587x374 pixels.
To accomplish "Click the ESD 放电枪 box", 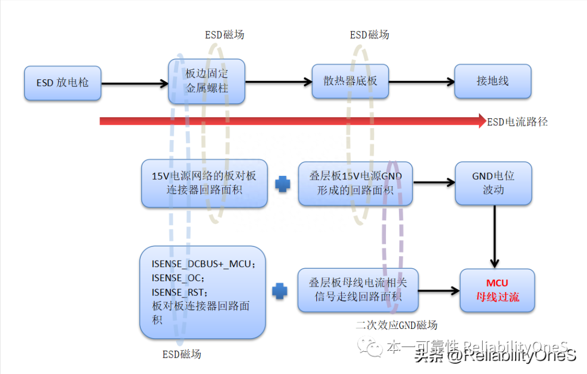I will (63, 83).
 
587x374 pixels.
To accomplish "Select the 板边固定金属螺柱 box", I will (207, 81).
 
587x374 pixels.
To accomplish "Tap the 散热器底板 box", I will (350, 81).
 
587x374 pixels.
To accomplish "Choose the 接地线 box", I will (492, 81).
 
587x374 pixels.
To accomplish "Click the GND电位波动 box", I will (494, 183).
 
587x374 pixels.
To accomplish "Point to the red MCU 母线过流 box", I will (497, 290).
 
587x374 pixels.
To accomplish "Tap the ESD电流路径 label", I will (517, 122).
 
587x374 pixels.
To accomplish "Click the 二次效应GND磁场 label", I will (396, 325).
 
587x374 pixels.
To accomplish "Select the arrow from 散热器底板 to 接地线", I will (421, 82).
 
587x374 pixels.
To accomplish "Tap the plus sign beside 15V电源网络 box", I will (283, 184).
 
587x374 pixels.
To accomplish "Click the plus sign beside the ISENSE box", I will (280, 291).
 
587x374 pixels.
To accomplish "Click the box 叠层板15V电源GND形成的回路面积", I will (355, 183).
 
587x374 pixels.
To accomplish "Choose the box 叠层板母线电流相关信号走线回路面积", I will (358, 290).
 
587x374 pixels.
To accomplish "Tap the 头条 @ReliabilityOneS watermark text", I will (495, 356).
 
